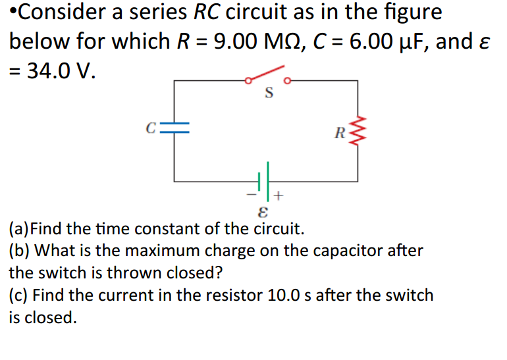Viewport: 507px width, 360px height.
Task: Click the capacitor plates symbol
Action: click(x=174, y=130)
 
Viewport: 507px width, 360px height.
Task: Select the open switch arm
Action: click(x=266, y=73)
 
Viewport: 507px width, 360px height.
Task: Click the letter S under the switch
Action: click(x=268, y=93)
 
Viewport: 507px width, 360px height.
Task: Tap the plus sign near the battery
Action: click(x=279, y=195)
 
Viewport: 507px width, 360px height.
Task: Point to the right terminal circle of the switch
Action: click(x=287, y=81)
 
